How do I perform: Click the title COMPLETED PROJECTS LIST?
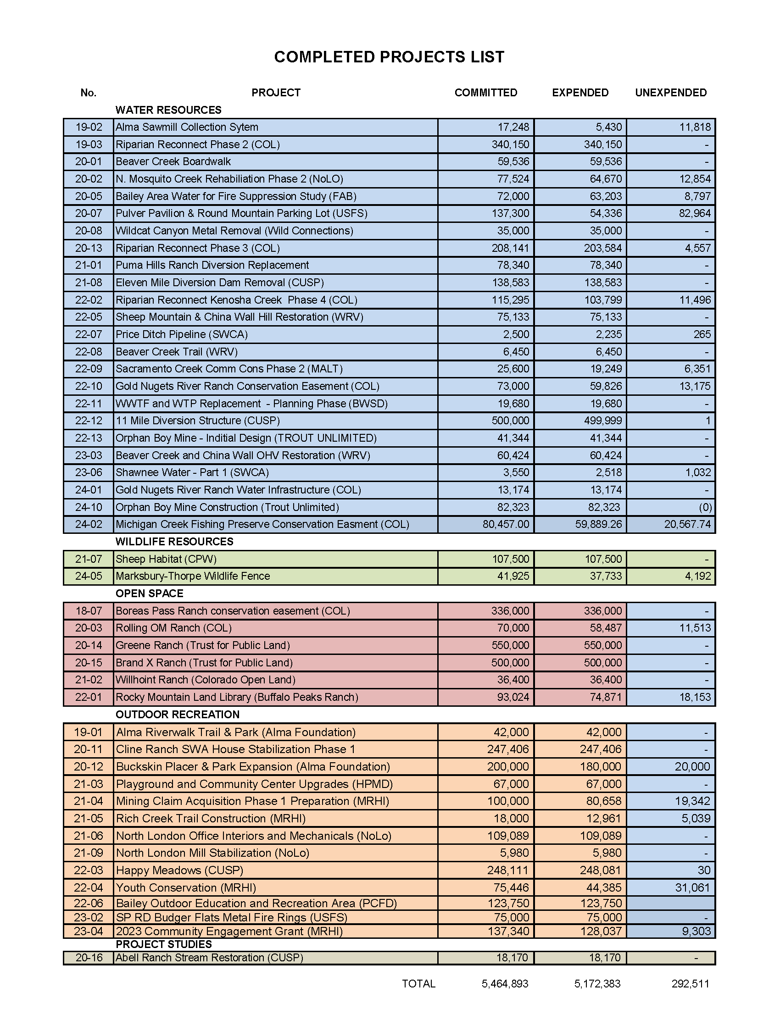coord(389,57)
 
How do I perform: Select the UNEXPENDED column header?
coord(670,93)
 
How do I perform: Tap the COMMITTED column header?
coord(485,93)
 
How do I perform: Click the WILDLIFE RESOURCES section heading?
coord(174,542)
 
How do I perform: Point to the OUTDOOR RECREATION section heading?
coord(178,714)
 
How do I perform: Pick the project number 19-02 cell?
coord(89,127)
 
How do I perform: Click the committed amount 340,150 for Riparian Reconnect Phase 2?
coord(510,144)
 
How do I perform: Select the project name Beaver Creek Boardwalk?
coord(173,162)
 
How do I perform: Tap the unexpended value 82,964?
coord(695,213)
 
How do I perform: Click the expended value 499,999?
coord(602,421)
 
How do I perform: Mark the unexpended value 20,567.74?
coord(687,524)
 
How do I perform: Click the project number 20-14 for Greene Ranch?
coord(89,645)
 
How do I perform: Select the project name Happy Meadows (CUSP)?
coord(179,870)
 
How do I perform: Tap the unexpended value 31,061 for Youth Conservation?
coord(693,887)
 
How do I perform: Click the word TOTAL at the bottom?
coord(418,984)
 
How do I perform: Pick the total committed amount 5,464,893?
coord(505,984)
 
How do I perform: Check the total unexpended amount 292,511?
coord(691,984)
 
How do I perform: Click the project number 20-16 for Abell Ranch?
coord(89,958)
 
